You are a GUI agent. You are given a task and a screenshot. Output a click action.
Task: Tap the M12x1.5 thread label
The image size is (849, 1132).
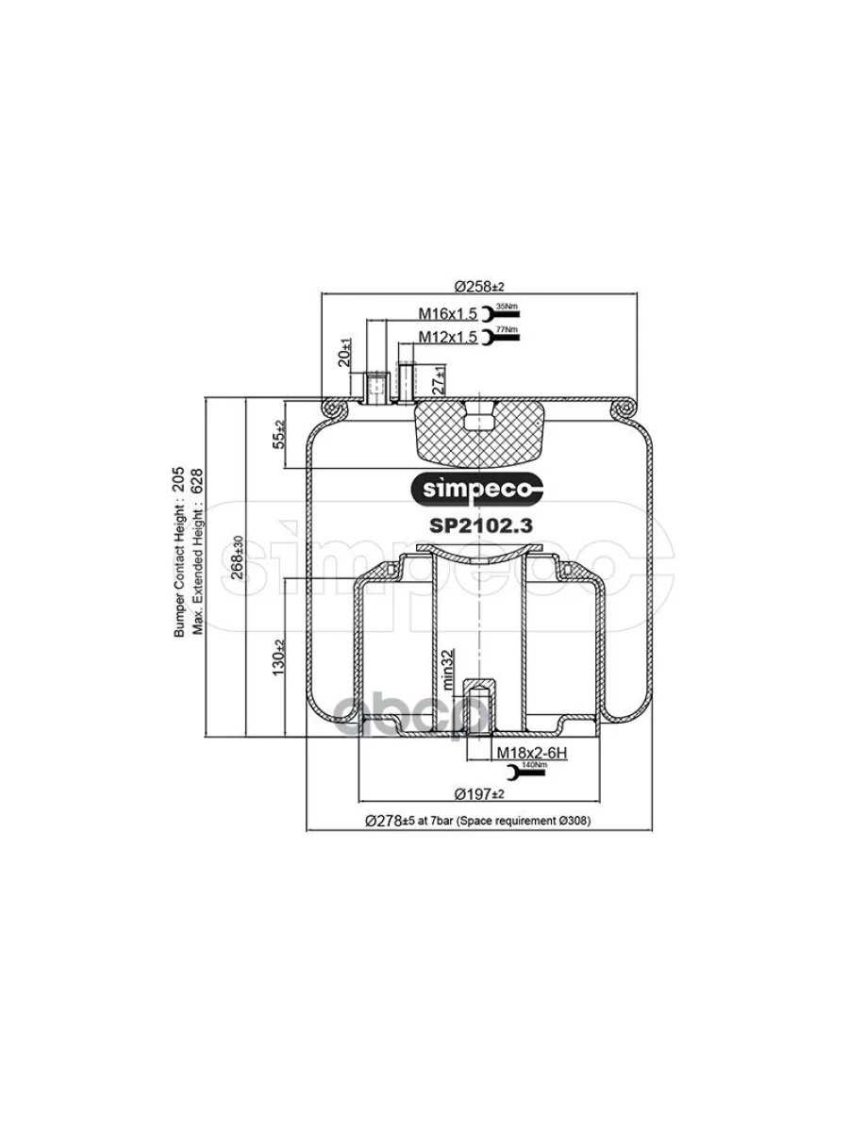[x=449, y=336]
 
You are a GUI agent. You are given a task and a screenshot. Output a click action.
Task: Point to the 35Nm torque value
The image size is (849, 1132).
[x=507, y=307]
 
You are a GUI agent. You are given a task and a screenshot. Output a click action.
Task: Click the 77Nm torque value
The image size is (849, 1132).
[x=507, y=329]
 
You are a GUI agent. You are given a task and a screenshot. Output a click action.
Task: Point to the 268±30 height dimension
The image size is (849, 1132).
[x=238, y=562]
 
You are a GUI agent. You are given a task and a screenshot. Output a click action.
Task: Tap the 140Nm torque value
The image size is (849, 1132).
[x=534, y=766]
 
